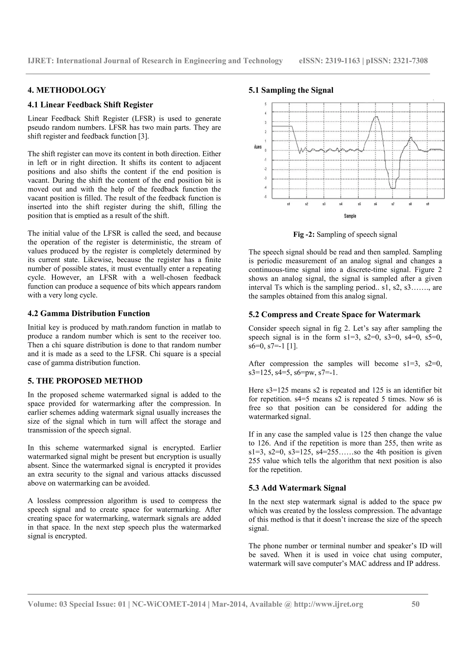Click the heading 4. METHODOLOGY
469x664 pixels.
pos(67,90)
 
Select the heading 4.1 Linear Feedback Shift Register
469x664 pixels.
pos(90,105)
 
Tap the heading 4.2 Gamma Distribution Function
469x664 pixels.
pos(89,313)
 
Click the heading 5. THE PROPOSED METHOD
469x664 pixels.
pos(85,381)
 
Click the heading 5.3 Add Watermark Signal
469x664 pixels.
pos(297,488)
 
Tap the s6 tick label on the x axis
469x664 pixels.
pos(375,204)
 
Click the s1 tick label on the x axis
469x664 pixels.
pos(288,204)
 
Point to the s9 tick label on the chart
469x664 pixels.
pos(428,204)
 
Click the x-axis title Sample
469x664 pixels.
pos(350,216)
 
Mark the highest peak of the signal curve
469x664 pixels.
pos(376,117)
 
